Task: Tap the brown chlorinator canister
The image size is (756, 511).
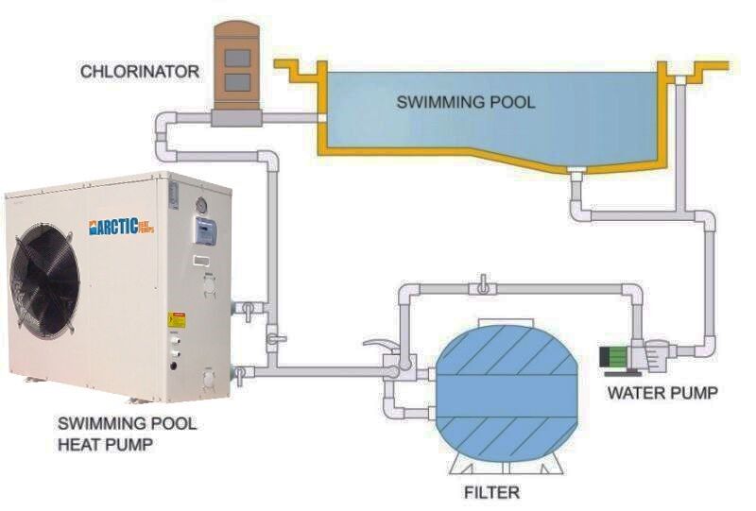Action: [x=236, y=66]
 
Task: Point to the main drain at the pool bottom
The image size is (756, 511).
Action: [x=576, y=171]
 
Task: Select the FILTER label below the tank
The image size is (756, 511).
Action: [x=491, y=492]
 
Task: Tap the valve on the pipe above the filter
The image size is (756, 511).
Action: [x=482, y=284]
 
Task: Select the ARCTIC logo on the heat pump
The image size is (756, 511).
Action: [x=121, y=227]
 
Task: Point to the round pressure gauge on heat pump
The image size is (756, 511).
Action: [x=200, y=206]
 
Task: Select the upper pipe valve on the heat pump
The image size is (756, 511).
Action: [x=243, y=308]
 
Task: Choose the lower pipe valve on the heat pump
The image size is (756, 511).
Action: [x=241, y=373]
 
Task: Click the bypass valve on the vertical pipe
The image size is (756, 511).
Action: [x=274, y=334]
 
